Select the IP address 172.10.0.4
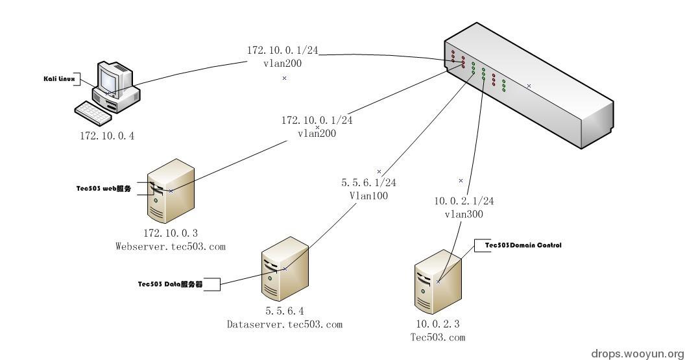pos(106,136)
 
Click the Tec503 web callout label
pos(104,189)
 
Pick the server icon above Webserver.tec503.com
pos(171,192)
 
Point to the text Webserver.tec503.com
pos(170,246)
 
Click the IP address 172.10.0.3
pos(170,232)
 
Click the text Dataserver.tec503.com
pos(284,324)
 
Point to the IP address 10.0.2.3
pos(438,323)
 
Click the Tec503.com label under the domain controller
pos(438,337)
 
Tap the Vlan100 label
pos(369,195)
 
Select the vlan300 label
pos(464,214)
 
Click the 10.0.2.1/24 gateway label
pos(464,202)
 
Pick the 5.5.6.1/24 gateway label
pos(369,183)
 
